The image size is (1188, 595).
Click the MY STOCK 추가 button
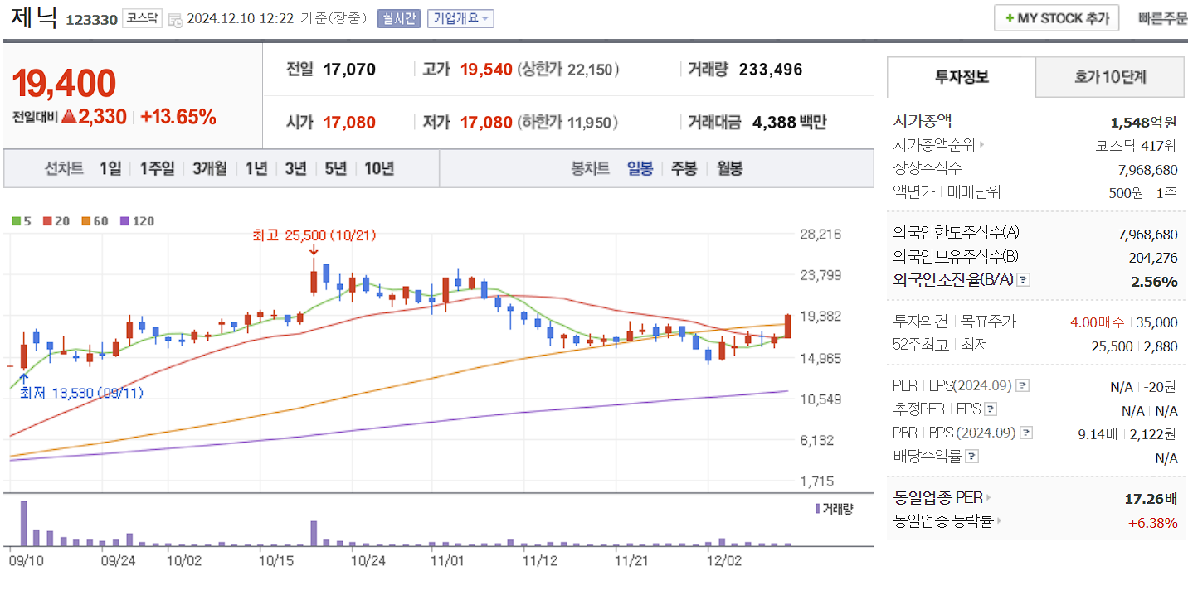point(1056,18)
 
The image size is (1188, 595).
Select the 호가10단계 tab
point(1109,77)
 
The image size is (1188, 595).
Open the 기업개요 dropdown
point(460,18)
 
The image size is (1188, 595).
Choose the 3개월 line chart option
point(210,168)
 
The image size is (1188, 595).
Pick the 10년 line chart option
point(379,168)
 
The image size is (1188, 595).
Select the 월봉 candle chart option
point(730,168)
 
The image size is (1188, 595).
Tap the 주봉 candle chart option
point(684,168)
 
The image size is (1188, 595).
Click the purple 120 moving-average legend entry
point(137,221)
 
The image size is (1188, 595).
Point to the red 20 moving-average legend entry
point(56,221)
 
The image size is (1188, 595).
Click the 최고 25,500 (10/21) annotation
point(314,235)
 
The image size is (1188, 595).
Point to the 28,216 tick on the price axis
point(820,235)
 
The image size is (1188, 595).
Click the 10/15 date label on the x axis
point(277,560)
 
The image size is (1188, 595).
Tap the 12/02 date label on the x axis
point(723,560)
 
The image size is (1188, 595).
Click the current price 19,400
point(64,83)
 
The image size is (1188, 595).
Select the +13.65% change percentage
point(178,117)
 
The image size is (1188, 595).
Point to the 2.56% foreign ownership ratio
point(1154,282)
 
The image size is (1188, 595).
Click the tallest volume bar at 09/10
point(24,523)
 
